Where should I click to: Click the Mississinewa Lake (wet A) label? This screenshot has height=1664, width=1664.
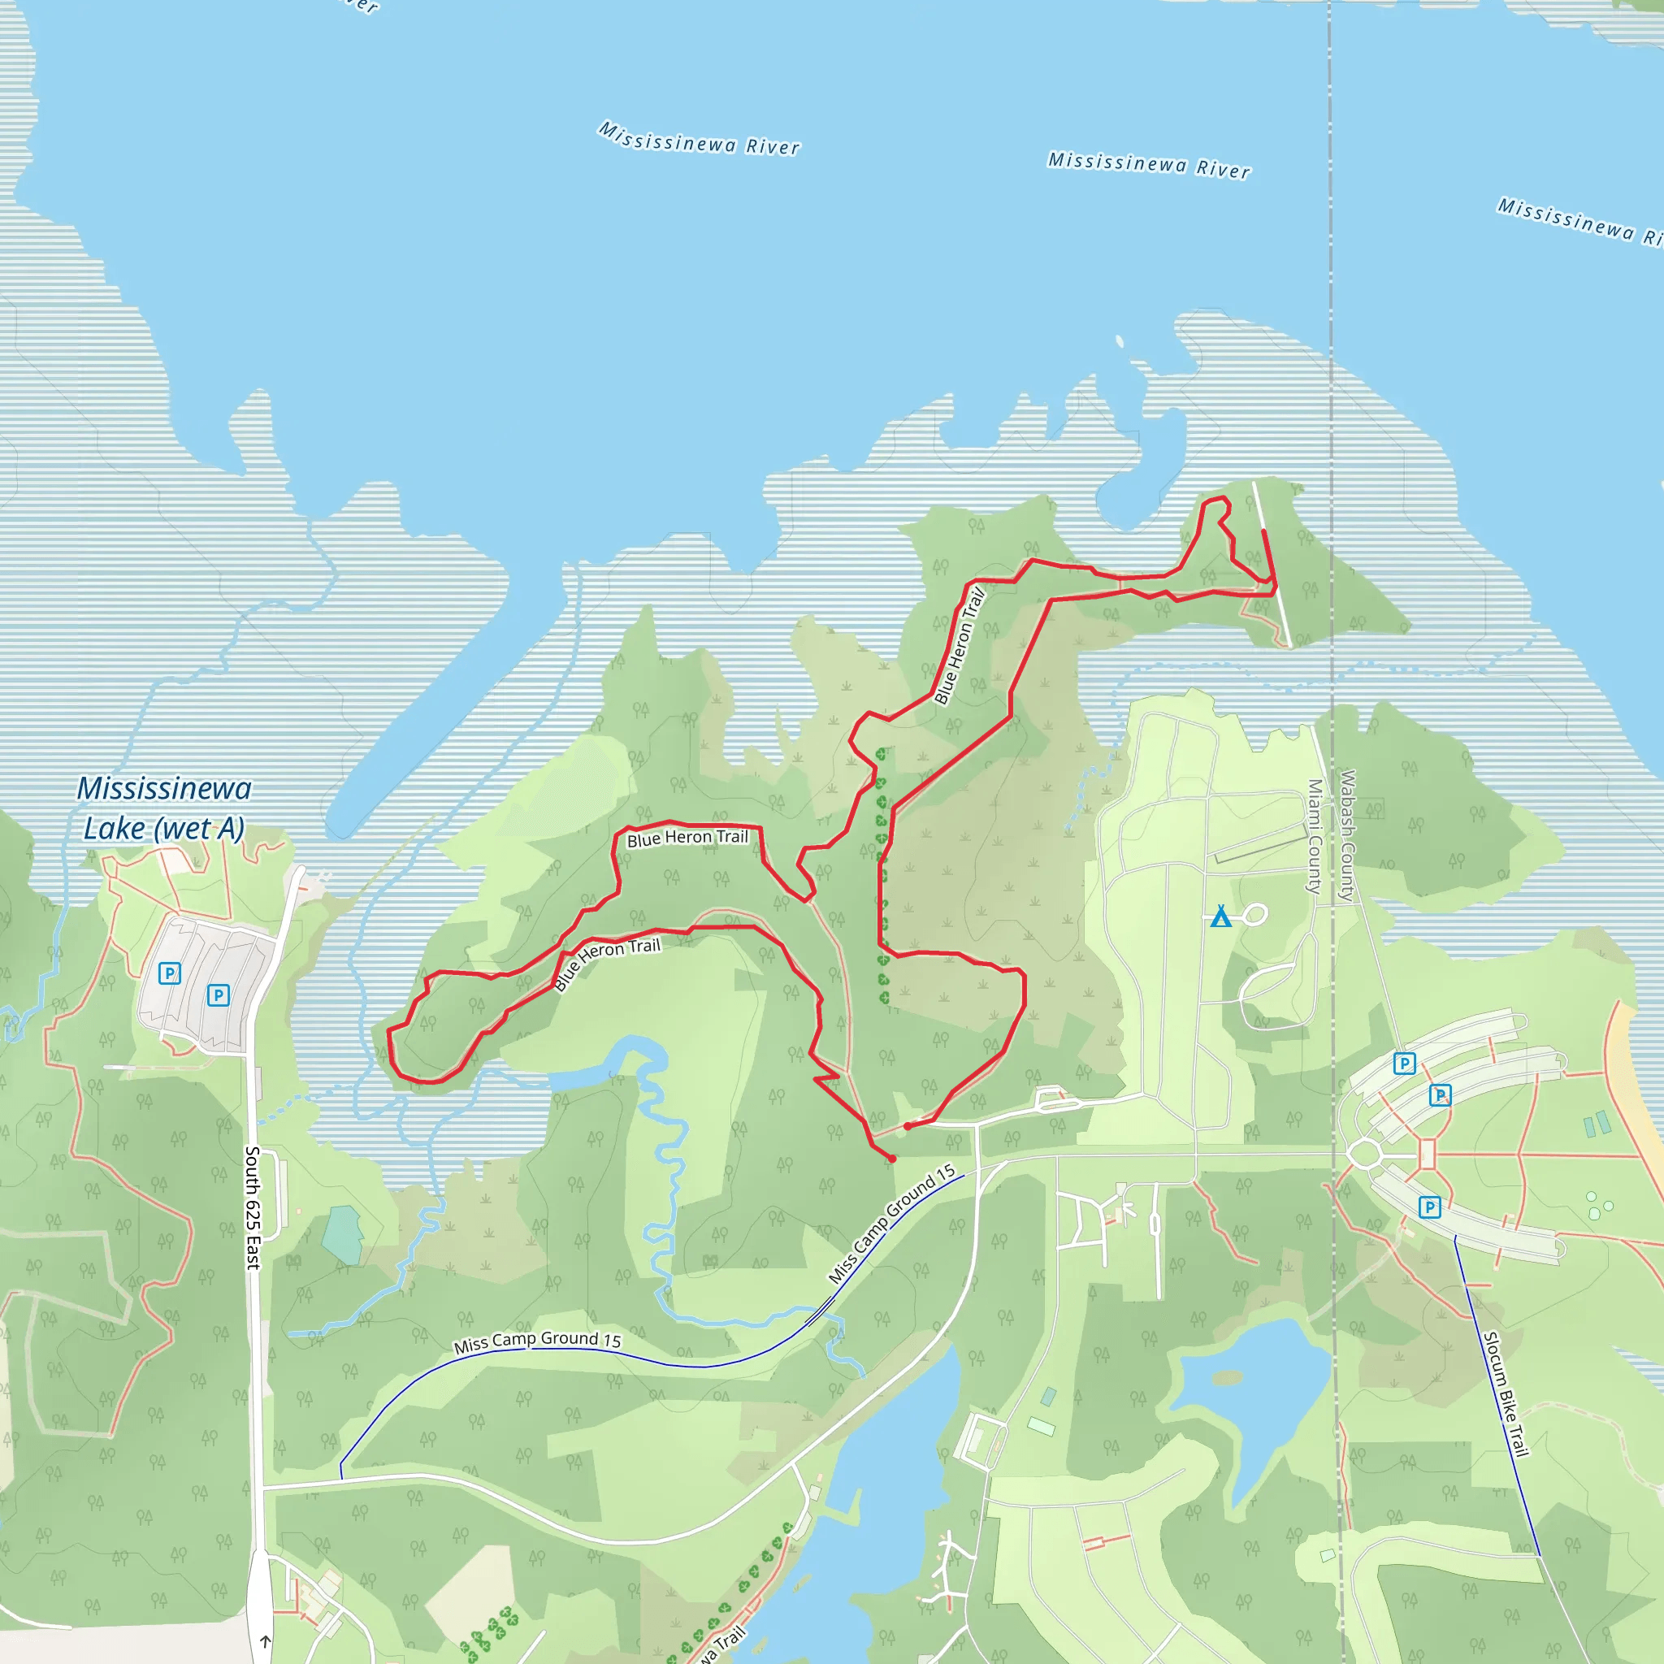click(x=163, y=808)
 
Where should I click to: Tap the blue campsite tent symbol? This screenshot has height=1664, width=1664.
click(x=1220, y=916)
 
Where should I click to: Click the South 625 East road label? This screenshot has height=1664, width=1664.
click(x=253, y=1207)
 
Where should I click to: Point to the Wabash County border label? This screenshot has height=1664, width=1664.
click(x=1347, y=835)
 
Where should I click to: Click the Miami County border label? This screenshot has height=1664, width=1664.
click(x=1315, y=836)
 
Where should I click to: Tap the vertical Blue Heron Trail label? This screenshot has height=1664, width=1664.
click(x=959, y=646)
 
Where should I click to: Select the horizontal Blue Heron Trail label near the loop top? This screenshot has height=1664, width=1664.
click(x=687, y=837)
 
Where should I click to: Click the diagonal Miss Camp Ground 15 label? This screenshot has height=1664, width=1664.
click(x=891, y=1224)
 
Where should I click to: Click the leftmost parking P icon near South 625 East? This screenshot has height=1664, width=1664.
click(x=170, y=973)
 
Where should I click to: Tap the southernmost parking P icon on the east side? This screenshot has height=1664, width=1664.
click(x=1430, y=1207)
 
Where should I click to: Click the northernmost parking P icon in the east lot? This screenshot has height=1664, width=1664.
click(x=1405, y=1063)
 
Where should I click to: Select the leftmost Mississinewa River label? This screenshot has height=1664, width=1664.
click(x=700, y=140)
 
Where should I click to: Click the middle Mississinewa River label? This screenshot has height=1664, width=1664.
click(x=1149, y=166)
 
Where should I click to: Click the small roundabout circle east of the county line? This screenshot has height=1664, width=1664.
click(x=1365, y=1154)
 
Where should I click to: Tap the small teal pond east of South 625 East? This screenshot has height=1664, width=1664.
click(x=343, y=1234)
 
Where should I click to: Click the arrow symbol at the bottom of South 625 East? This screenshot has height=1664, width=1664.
click(x=265, y=1641)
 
